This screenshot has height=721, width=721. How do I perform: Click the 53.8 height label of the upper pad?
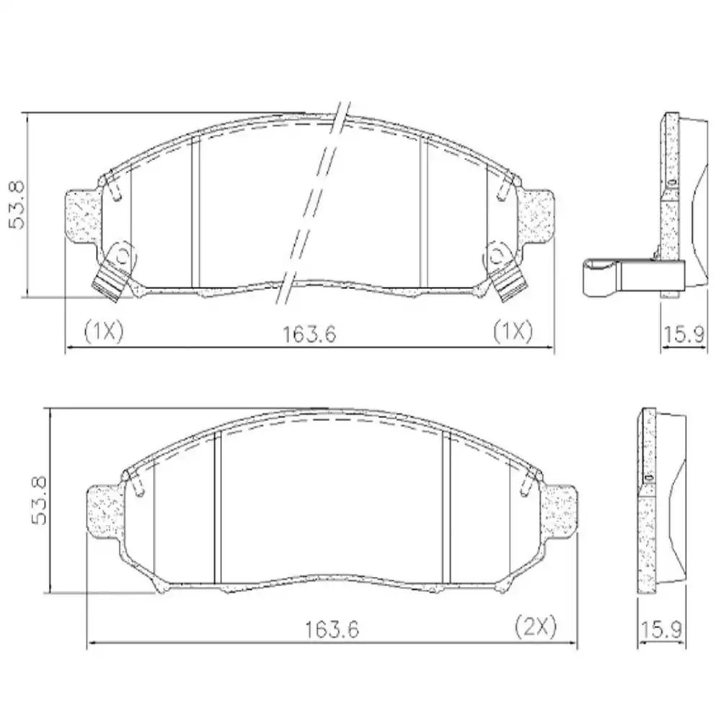16,205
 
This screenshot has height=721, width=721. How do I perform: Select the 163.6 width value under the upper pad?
310,333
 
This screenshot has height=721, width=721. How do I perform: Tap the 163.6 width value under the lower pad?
331,629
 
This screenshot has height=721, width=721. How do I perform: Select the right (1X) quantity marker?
512,332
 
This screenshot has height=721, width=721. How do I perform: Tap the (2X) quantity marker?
536,627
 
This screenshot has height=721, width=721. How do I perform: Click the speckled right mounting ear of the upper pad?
539,214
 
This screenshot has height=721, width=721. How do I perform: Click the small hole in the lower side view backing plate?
647,477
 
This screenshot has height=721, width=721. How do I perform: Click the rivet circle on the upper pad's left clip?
123,255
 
